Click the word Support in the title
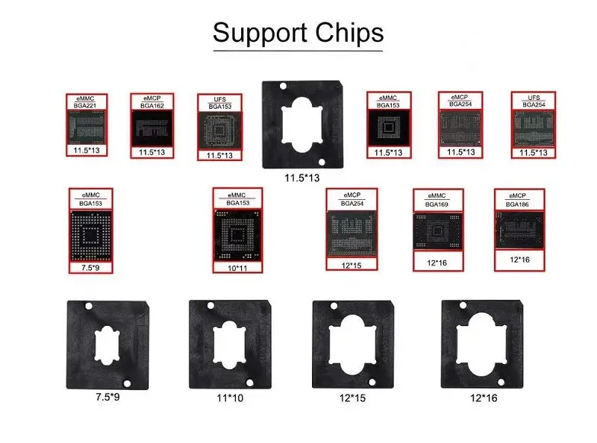tap(258, 34)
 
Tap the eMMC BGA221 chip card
tap(86, 125)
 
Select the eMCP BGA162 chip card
tap(151, 125)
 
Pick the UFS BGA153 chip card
tap(219, 127)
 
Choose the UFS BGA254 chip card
tap(533, 125)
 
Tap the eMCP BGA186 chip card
tap(516, 229)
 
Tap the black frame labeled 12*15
tap(352, 345)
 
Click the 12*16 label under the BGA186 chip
tap(516, 260)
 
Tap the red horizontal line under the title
tap(298, 51)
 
